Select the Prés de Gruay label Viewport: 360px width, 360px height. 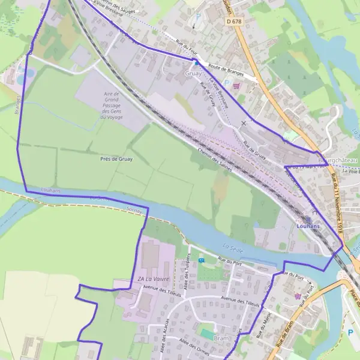116,159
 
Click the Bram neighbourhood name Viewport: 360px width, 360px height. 221,338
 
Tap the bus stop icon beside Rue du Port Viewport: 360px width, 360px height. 202,260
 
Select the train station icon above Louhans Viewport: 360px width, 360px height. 307,218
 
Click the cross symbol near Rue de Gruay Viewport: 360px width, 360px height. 243,124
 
